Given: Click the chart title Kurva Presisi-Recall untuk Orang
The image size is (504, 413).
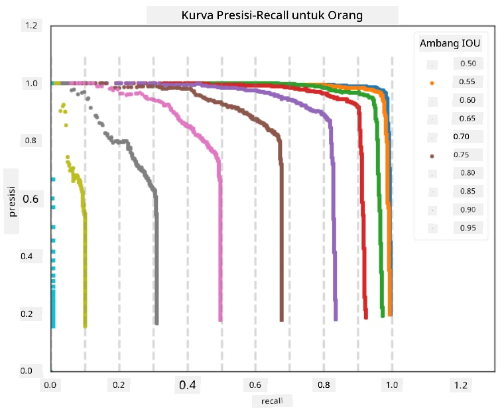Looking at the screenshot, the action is (x=272, y=15).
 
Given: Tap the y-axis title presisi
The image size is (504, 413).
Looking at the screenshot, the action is (x=12, y=202).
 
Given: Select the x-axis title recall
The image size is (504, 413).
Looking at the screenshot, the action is (x=272, y=401).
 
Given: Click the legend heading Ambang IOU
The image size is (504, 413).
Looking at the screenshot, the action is (x=450, y=43).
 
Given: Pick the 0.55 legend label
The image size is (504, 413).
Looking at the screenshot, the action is (x=467, y=82).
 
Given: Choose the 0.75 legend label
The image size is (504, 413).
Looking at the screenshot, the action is (x=462, y=154).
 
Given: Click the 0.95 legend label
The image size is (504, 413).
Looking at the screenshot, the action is (x=468, y=228).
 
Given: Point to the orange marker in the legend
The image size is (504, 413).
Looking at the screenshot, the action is (x=432, y=84).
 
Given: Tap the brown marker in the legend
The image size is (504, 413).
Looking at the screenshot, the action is (x=432, y=156).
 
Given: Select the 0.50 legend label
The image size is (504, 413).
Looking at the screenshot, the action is (x=468, y=64).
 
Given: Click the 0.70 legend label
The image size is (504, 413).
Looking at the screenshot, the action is (x=462, y=137).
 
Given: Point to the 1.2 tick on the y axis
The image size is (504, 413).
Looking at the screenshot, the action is (x=31, y=25).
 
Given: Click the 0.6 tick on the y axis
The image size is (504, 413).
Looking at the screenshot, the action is (x=31, y=199).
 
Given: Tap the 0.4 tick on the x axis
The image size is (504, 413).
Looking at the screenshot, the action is (x=188, y=384).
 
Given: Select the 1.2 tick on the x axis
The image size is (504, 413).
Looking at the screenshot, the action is (x=461, y=385).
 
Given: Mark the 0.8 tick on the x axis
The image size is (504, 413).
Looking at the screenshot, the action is (x=324, y=384).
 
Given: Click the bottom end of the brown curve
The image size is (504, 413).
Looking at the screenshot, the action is (x=282, y=320).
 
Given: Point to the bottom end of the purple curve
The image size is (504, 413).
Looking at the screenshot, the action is (x=336, y=319).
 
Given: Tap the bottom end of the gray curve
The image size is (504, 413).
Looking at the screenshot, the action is (x=157, y=323).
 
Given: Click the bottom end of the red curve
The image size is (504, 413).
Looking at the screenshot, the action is (x=366, y=318).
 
